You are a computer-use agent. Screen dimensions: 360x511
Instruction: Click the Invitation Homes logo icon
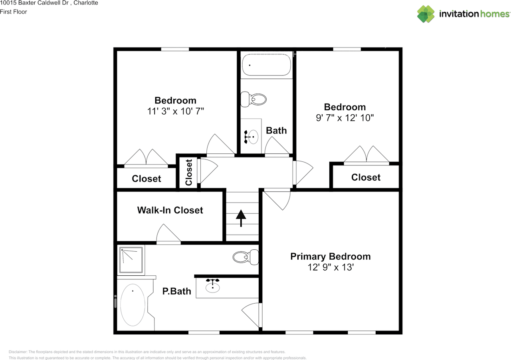tap(426, 14)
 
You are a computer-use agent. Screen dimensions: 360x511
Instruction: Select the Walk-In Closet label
tap(170, 210)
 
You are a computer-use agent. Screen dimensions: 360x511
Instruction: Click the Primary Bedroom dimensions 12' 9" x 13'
tap(331, 267)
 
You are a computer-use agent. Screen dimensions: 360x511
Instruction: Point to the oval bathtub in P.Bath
tap(133, 305)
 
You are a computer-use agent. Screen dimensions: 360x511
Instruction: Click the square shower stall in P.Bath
tap(131, 260)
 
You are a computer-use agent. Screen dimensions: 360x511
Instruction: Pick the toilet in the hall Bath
tap(254, 99)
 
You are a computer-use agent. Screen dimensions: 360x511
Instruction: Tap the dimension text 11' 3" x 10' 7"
tap(175, 111)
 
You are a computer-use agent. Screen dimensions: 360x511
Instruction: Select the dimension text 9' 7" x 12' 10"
tap(345, 118)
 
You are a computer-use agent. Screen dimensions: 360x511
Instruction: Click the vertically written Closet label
tap(189, 172)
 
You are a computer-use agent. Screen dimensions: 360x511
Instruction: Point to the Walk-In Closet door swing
tap(168, 234)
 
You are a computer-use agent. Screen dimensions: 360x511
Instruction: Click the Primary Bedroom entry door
tap(278, 199)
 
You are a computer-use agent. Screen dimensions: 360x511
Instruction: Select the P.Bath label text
tap(176, 292)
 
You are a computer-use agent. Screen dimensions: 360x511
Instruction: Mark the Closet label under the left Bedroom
tap(147, 179)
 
